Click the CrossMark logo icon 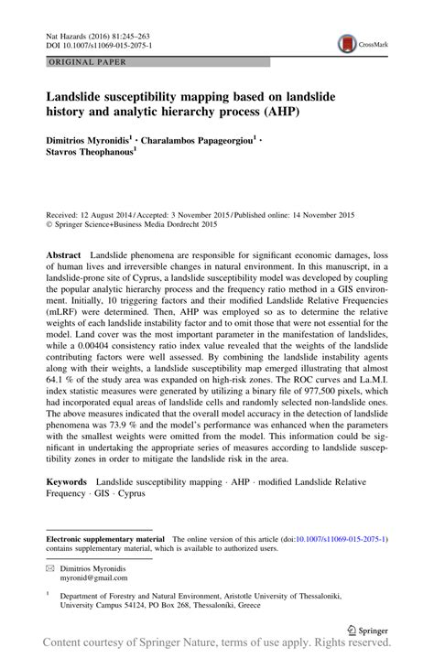[348, 42]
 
